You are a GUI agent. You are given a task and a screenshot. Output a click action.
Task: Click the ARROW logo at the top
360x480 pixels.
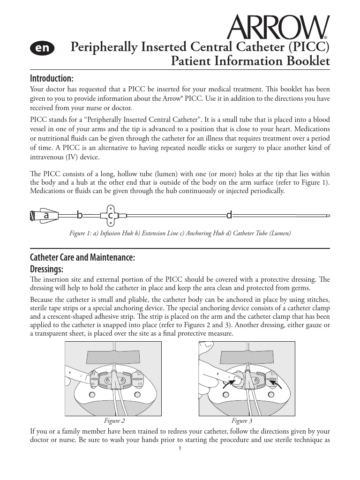point(277,28)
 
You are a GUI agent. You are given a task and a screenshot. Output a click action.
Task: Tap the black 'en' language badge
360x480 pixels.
point(42,48)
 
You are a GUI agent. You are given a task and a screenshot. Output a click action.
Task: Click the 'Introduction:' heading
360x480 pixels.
point(52,77)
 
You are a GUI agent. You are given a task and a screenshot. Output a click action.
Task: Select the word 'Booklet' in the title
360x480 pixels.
point(307,61)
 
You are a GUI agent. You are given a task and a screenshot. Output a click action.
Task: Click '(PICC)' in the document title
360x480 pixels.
point(309,47)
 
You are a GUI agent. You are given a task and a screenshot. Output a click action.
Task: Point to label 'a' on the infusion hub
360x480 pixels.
point(46,216)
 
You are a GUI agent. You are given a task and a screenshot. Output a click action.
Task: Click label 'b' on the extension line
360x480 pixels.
point(80,216)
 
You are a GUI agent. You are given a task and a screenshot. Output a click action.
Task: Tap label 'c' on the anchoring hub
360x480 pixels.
point(111,216)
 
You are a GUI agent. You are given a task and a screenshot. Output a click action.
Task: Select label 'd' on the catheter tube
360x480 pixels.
point(229,216)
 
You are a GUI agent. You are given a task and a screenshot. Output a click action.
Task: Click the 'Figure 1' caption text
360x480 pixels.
point(180,233)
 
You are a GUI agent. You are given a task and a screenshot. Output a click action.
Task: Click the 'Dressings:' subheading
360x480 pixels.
point(47,269)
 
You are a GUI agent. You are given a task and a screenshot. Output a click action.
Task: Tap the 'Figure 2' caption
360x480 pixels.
point(114,421)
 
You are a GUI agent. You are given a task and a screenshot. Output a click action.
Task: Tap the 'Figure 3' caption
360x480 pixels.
point(242,421)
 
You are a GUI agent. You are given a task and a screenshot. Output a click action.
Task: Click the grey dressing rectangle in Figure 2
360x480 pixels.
point(113,357)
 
